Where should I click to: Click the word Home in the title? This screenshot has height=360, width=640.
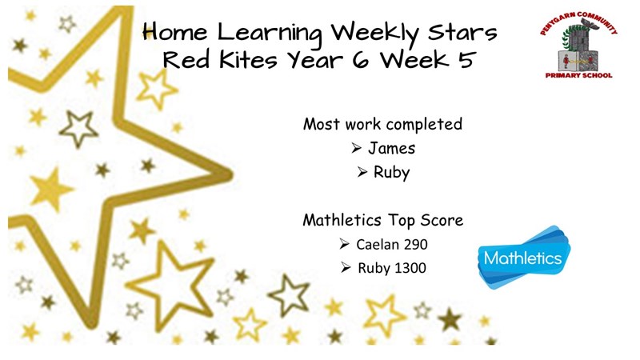[175, 32]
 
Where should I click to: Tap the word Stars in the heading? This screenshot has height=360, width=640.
[462, 32]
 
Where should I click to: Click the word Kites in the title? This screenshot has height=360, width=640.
[249, 59]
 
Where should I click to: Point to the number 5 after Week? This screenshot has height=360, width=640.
[467, 59]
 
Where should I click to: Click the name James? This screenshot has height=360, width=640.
[391, 148]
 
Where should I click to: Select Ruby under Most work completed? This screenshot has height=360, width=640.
[391, 173]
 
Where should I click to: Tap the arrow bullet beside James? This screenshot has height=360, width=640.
[356, 148]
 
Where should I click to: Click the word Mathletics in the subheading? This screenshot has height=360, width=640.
[342, 221]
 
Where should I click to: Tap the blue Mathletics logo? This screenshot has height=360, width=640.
[524, 257]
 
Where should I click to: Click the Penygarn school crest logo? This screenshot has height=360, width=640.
[578, 45]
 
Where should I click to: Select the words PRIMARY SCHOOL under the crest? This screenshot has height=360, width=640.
[578, 75]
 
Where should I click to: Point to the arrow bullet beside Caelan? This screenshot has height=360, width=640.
[344, 244]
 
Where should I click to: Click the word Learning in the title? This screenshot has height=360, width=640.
[270, 33]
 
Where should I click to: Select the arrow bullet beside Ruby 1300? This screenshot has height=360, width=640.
[346, 268]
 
